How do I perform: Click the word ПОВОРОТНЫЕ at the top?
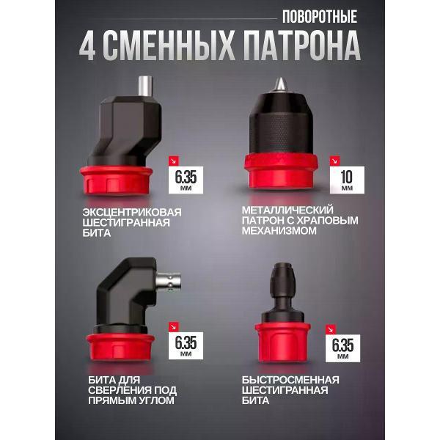click(x=319, y=16)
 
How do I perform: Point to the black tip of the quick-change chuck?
click(x=281, y=277)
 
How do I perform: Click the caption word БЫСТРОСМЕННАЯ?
click(x=290, y=379)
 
